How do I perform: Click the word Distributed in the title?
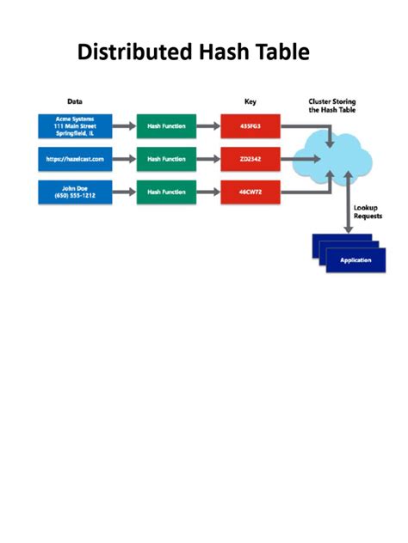[134, 52]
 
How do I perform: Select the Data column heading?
[75, 101]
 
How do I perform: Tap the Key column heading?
[250, 101]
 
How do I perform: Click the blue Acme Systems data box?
[75, 126]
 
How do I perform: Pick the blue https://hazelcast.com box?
[75, 159]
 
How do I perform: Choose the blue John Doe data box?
[75, 192]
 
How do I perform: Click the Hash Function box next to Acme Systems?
[166, 126]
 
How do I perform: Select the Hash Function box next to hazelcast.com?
[166, 159]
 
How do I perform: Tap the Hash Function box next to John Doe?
[166, 192]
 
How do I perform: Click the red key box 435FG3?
[250, 126]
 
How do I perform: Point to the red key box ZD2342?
[250, 159]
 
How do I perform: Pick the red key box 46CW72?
[250, 192]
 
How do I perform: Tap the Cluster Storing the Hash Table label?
[332, 106]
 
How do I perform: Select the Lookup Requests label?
[368, 212]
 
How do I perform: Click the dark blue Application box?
[355, 260]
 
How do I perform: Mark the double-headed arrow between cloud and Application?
[349, 202]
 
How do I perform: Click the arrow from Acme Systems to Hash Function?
[124, 126]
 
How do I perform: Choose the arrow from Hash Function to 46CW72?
[208, 192]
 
